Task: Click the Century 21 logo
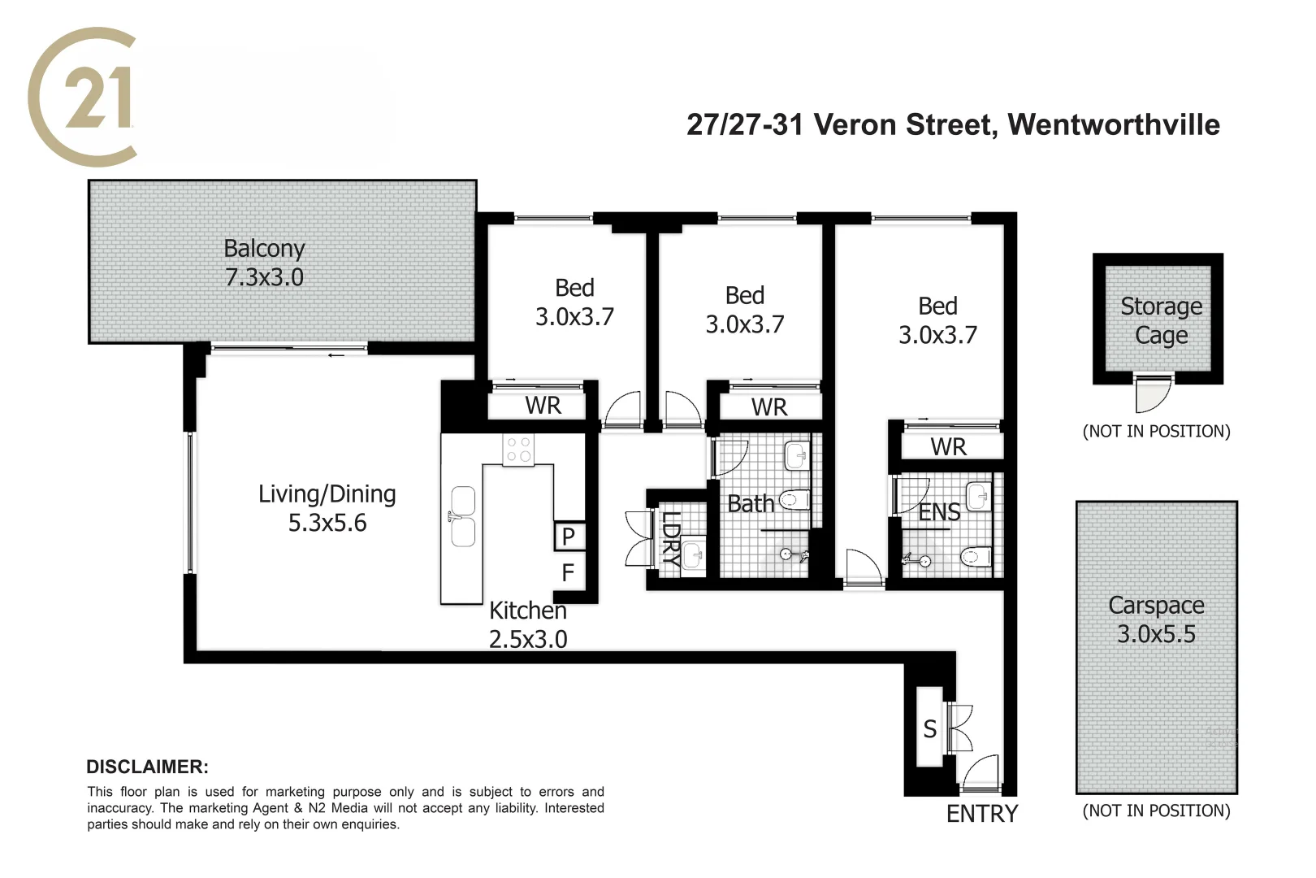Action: point(81,96)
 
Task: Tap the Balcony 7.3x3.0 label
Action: point(264,263)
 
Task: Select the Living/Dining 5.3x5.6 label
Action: point(327,508)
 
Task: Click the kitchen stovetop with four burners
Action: point(517,449)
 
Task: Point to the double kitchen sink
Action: point(463,516)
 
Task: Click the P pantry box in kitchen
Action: point(569,537)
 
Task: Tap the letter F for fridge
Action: point(568,573)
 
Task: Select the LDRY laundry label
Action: point(670,537)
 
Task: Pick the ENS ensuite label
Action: point(939,512)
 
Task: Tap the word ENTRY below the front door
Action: point(981,814)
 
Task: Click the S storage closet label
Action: point(929,729)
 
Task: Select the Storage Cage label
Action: point(1161,320)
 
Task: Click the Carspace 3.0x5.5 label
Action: point(1156,619)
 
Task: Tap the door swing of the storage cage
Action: point(1152,395)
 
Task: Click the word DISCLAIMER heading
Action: point(147,767)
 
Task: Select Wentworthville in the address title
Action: point(1113,124)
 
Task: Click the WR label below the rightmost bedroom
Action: point(948,447)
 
